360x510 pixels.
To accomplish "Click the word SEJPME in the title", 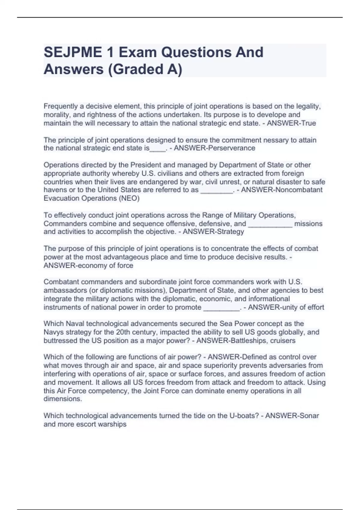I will tap(73, 52).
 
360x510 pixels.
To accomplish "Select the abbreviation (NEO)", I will tap(129, 198).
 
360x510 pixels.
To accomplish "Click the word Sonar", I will tap(309, 415).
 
